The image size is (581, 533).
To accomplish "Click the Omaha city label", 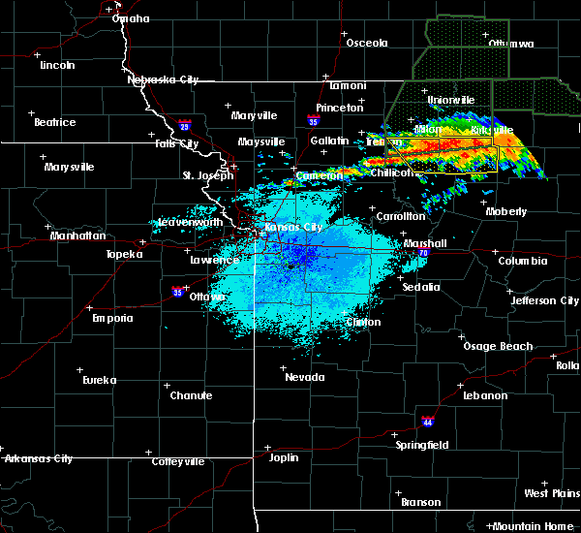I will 131,18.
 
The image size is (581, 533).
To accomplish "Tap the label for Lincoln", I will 58,65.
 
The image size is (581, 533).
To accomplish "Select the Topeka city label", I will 125,254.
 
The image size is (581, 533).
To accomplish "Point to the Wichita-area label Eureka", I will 98,380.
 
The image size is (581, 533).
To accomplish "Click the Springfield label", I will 422,445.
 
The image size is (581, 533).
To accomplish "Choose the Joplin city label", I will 284,457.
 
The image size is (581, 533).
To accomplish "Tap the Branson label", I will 421,502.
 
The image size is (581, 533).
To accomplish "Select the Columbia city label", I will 523,261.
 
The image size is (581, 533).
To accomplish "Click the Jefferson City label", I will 546,300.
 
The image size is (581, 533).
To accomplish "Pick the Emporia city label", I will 112,318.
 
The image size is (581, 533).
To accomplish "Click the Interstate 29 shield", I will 185,124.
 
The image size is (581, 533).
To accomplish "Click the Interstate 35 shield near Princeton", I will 312,122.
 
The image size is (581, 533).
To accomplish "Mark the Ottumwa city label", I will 510,44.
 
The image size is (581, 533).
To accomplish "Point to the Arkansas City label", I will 38,458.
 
